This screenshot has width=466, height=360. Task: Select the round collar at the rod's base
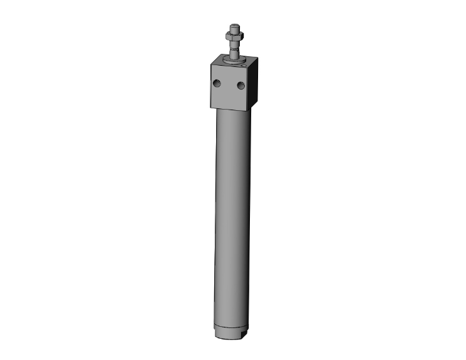tap(234, 61)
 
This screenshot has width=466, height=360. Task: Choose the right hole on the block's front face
tap(240, 86)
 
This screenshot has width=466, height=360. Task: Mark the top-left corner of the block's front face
tap(210, 64)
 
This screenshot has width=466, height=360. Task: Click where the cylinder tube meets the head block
tap(233, 109)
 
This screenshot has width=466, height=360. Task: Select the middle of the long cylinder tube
tap(233, 219)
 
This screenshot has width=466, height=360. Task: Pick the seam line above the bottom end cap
tap(232, 327)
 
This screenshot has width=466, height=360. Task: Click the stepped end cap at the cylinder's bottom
tap(232, 335)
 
